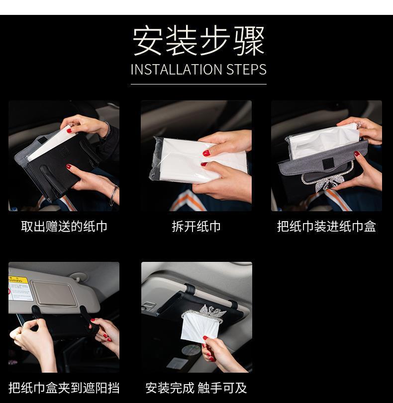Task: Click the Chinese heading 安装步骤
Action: tap(198, 40)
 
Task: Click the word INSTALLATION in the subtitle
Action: tap(176, 70)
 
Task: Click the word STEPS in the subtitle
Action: tap(246, 70)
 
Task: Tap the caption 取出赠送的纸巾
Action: tap(64, 227)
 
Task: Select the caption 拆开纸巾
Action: tap(196, 227)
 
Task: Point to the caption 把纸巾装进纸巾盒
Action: tap(326, 227)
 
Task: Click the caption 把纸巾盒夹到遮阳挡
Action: tap(64, 388)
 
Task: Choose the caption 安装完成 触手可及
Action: tap(196, 388)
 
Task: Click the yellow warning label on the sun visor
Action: tap(18, 280)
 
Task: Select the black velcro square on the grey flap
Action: tap(328, 162)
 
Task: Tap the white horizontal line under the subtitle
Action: tap(198, 84)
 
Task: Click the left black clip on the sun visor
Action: tap(36, 312)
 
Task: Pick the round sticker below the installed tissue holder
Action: tap(191, 350)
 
